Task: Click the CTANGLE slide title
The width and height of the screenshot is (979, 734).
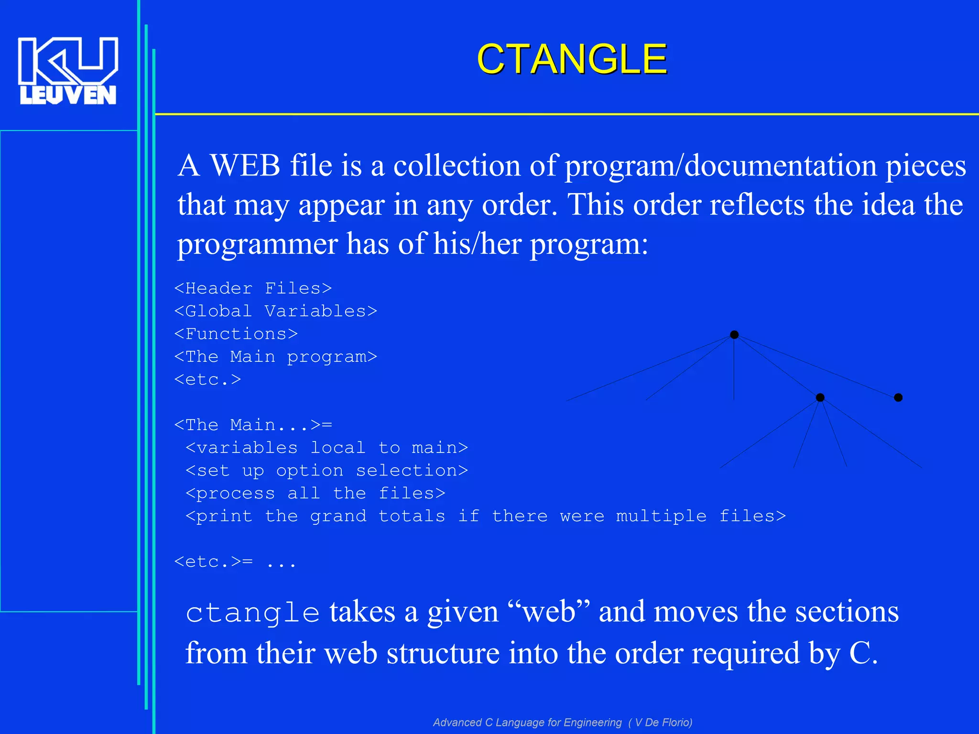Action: click(572, 59)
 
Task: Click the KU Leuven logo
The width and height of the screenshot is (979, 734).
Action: click(68, 71)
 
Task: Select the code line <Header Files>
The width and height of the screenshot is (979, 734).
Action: click(253, 288)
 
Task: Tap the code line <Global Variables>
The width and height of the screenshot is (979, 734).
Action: click(275, 311)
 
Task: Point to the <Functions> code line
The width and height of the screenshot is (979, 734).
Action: click(236, 334)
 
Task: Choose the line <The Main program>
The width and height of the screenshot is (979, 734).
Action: click(275, 356)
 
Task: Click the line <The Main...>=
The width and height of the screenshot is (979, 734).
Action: click(253, 425)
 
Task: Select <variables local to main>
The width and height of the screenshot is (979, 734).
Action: click(326, 448)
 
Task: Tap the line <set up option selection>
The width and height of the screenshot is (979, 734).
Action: click(326, 471)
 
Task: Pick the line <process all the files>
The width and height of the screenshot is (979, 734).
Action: click(315, 493)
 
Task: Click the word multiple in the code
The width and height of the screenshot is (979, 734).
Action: click(661, 516)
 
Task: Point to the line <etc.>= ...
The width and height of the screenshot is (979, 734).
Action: click(214, 561)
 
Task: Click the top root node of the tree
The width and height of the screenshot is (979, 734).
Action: click(734, 335)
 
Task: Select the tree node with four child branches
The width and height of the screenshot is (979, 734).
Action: click(820, 398)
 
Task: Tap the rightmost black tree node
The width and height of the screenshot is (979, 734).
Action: click(898, 398)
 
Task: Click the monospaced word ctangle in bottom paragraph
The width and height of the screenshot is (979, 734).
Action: click(252, 613)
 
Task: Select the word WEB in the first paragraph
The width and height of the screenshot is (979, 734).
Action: click(245, 165)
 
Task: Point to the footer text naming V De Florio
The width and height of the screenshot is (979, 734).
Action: click(562, 722)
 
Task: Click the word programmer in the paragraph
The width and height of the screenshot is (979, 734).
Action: click(257, 244)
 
